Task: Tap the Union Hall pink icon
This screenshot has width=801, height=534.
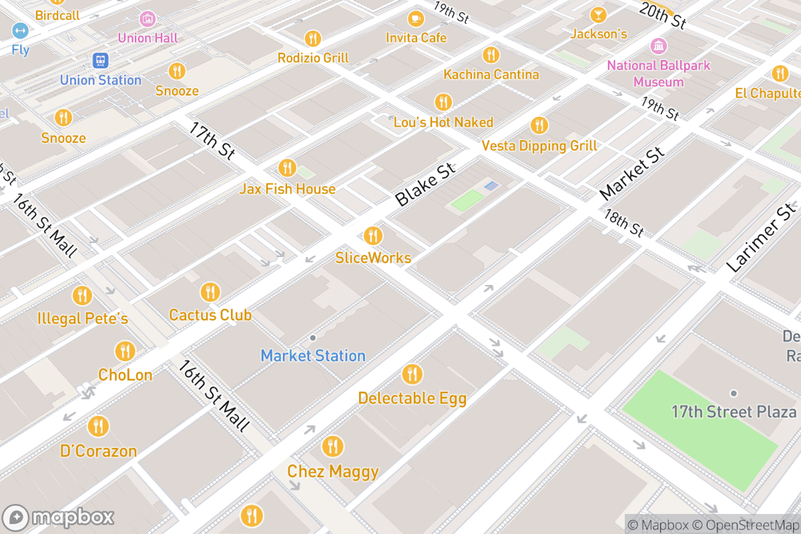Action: coord(148,19)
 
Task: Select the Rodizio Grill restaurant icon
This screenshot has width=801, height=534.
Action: coord(312,39)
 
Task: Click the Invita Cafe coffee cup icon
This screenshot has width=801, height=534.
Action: coord(416,19)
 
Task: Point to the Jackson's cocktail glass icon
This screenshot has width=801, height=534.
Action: coord(598,15)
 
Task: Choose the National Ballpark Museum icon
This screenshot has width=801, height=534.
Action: coord(659,47)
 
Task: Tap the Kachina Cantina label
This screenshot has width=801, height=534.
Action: coord(491,74)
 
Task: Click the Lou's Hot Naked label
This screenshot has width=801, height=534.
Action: coord(443,122)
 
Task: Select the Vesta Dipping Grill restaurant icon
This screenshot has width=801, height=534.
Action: coord(539,125)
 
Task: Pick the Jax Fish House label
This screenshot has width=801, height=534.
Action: coord(288,189)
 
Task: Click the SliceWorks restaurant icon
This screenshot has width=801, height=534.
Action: coord(372,236)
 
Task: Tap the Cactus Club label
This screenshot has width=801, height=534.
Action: coord(210,314)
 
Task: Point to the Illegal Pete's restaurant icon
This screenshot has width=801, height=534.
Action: coord(82,296)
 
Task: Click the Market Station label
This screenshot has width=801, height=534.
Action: coord(313,356)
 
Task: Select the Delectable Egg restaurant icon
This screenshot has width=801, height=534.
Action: coord(413,374)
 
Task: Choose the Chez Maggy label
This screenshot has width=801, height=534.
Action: coord(333,472)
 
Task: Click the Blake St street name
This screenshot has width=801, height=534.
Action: coord(425,184)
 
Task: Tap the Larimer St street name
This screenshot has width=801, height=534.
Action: coord(762,239)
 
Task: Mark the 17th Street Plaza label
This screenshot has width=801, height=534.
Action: coord(734,411)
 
